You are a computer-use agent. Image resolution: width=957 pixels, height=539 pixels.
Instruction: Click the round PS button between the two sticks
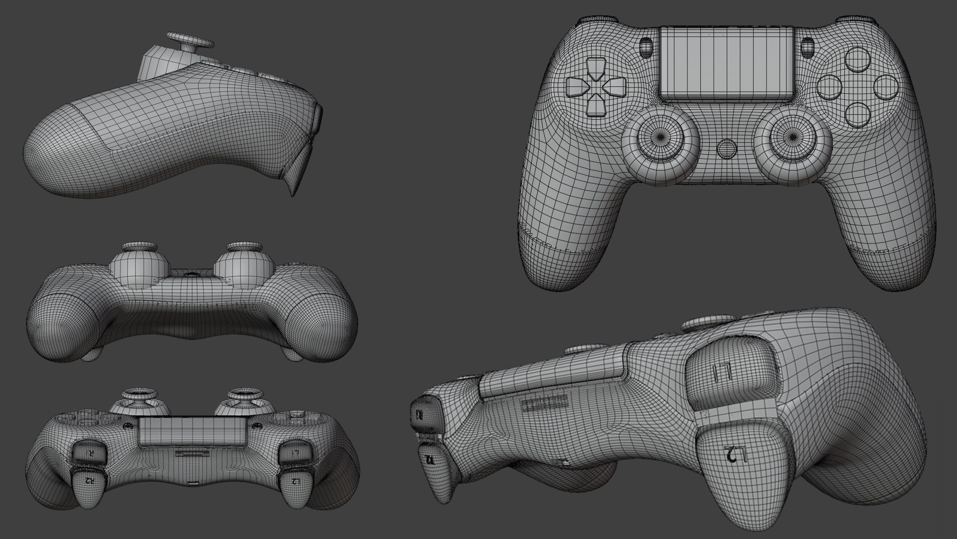click(726, 149)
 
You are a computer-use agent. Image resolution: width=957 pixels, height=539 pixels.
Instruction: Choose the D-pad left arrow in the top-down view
click(576, 87)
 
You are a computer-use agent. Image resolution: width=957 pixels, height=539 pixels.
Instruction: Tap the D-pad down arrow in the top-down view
click(597, 106)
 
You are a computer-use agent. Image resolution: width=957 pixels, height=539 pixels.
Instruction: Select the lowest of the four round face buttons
click(859, 114)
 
